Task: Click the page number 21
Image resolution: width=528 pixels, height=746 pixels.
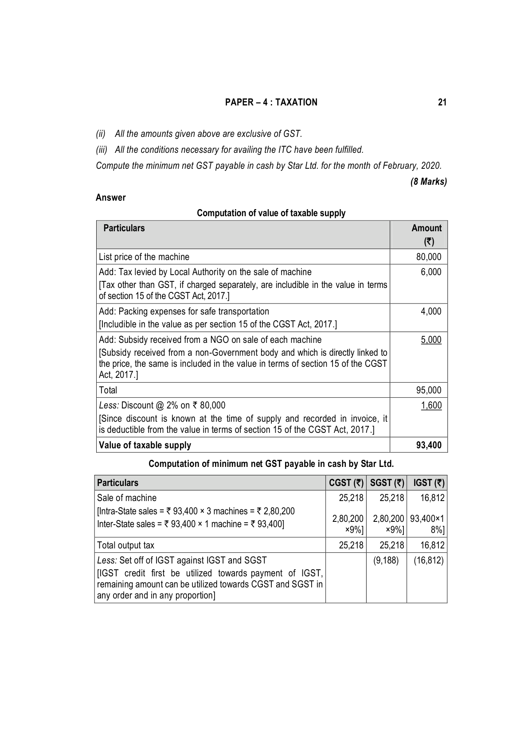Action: pyautogui.click(x=442, y=102)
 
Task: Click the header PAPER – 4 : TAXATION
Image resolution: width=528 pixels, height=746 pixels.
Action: pyautogui.click(x=271, y=102)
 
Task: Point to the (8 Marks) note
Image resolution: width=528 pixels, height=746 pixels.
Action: pyautogui.click(x=428, y=182)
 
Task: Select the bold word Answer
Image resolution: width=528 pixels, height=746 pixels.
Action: pyautogui.click(x=110, y=198)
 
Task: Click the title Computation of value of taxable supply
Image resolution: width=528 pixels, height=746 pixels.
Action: pyautogui.click(x=271, y=213)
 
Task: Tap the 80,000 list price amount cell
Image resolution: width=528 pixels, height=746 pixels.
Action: pyautogui.click(x=429, y=257)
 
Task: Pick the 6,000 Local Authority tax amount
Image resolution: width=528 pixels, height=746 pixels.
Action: pyautogui.click(x=431, y=272)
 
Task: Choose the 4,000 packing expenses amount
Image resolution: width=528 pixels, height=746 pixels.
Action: pyautogui.click(x=431, y=311)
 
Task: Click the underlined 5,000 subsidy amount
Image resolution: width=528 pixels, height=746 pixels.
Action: pyautogui.click(x=431, y=340)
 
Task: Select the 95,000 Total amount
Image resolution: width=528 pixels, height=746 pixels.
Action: pyautogui.click(x=429, y=390)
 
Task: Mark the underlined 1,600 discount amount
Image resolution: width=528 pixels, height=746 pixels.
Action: pyautogui.click(x=431, y=405)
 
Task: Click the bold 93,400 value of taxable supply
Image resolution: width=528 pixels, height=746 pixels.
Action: pyautogui.click(x=429, y=445)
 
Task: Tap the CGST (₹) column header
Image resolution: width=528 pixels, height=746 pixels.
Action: pyautogui.click(x=346, y=483)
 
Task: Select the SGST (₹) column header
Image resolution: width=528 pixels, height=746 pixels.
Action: pyautogui.click(x=387, y=483)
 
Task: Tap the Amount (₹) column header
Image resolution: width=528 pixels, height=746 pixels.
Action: pyautogui.click(x=426, y=234)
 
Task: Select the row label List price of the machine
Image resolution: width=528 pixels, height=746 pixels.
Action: pyautogui.click(x=144, y=257)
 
